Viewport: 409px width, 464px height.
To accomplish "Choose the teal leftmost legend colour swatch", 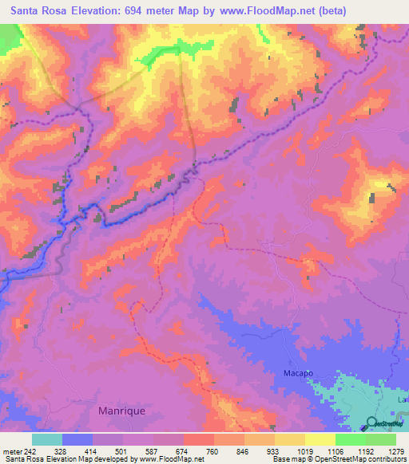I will coord(47,439).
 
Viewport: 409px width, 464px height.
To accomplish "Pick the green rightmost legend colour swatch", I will coord(381,439).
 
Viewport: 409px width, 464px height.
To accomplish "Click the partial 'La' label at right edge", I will coord(403,398).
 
